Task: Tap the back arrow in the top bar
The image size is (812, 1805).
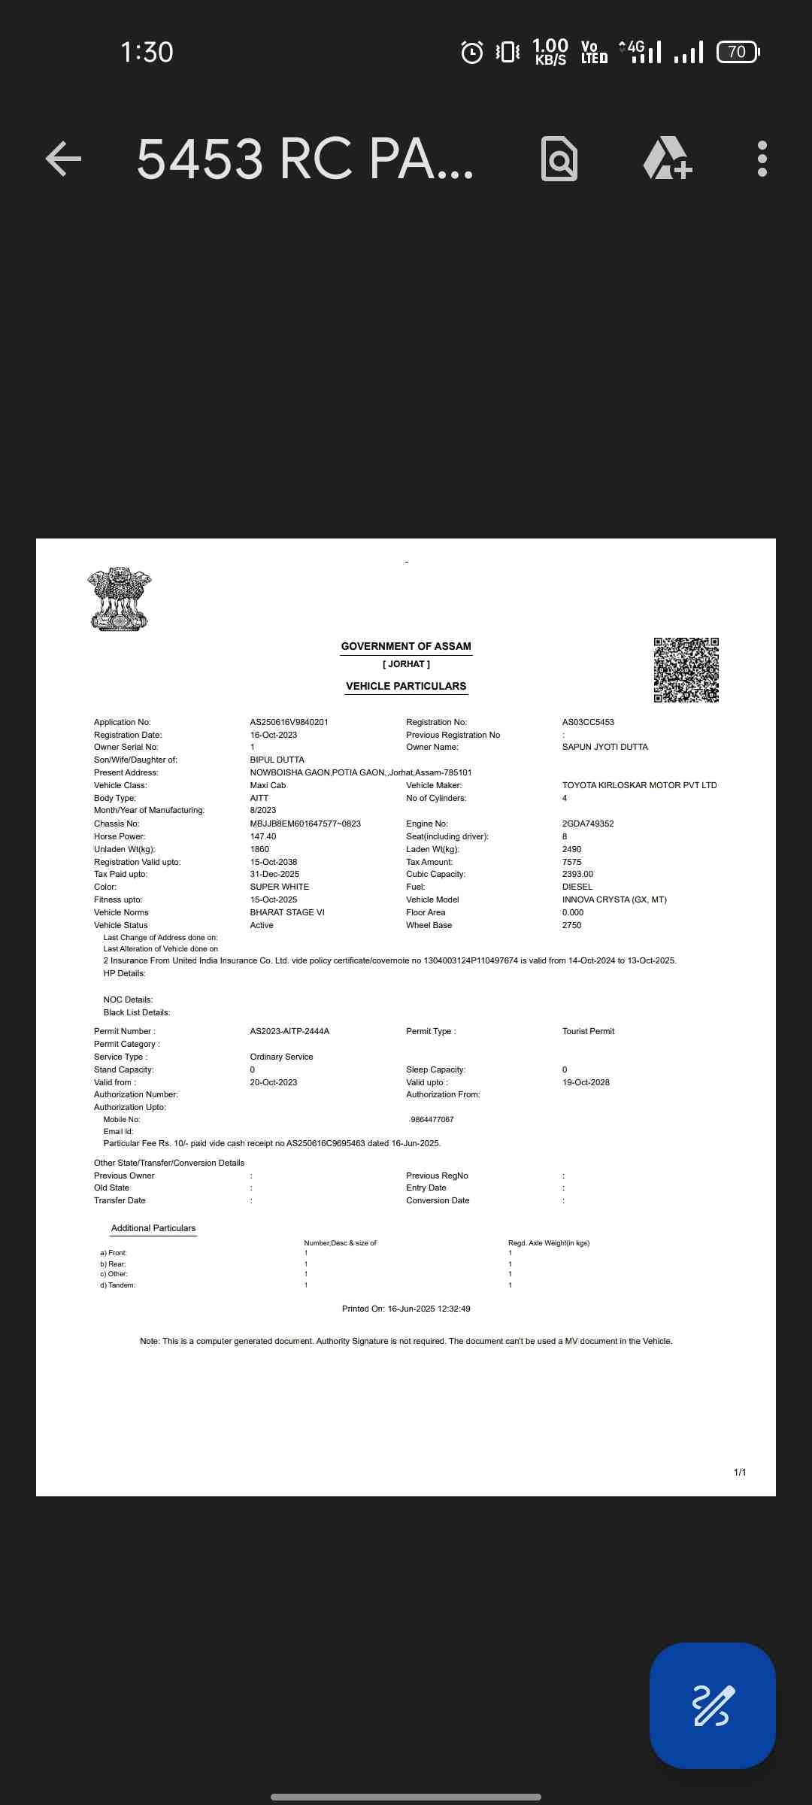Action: [63, 159]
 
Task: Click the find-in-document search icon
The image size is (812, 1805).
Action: [559, 159]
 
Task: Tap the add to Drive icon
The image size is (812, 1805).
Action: [667, 159]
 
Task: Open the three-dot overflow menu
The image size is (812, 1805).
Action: [762, 159]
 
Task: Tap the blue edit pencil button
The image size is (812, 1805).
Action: [712, 1705]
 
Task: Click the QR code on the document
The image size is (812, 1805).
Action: [686, 669]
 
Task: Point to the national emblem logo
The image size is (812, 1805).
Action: [120, 599]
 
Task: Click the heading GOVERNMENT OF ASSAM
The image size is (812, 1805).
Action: [406, 646]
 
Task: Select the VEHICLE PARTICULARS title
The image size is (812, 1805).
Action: [406, 686]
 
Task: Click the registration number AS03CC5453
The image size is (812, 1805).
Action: [588, 722]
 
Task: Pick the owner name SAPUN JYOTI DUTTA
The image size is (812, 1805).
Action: [604, 747]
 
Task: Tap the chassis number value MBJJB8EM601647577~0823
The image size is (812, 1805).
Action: [305, 824]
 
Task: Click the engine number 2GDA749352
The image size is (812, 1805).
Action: [588, 824]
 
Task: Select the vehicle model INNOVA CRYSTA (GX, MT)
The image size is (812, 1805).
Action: [614, 899]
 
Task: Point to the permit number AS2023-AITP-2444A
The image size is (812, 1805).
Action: [289, 1031]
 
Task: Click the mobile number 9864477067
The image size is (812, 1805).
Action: [432, 1120]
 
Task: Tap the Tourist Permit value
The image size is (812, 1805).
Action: [588, 1031]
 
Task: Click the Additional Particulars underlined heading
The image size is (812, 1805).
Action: [153, 1228]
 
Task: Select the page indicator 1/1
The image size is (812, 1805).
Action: [740, 1472]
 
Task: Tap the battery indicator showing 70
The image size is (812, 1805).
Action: [738, 52]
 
